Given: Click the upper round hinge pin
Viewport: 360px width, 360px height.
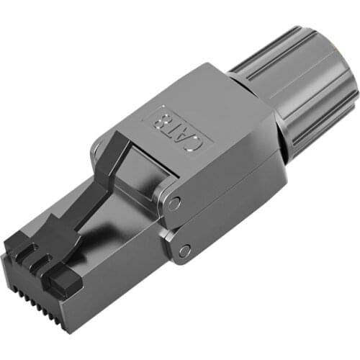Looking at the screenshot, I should (174, 203).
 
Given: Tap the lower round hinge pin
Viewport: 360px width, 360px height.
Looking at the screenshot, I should (184, 251).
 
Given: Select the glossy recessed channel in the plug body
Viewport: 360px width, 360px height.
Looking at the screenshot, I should (119, 238).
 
